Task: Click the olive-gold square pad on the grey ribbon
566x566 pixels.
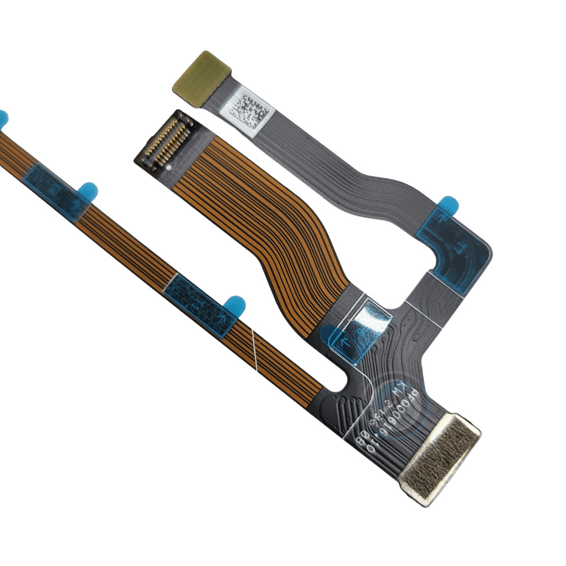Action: coord(201,78)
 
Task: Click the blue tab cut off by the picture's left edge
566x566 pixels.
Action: coord(3,118)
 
